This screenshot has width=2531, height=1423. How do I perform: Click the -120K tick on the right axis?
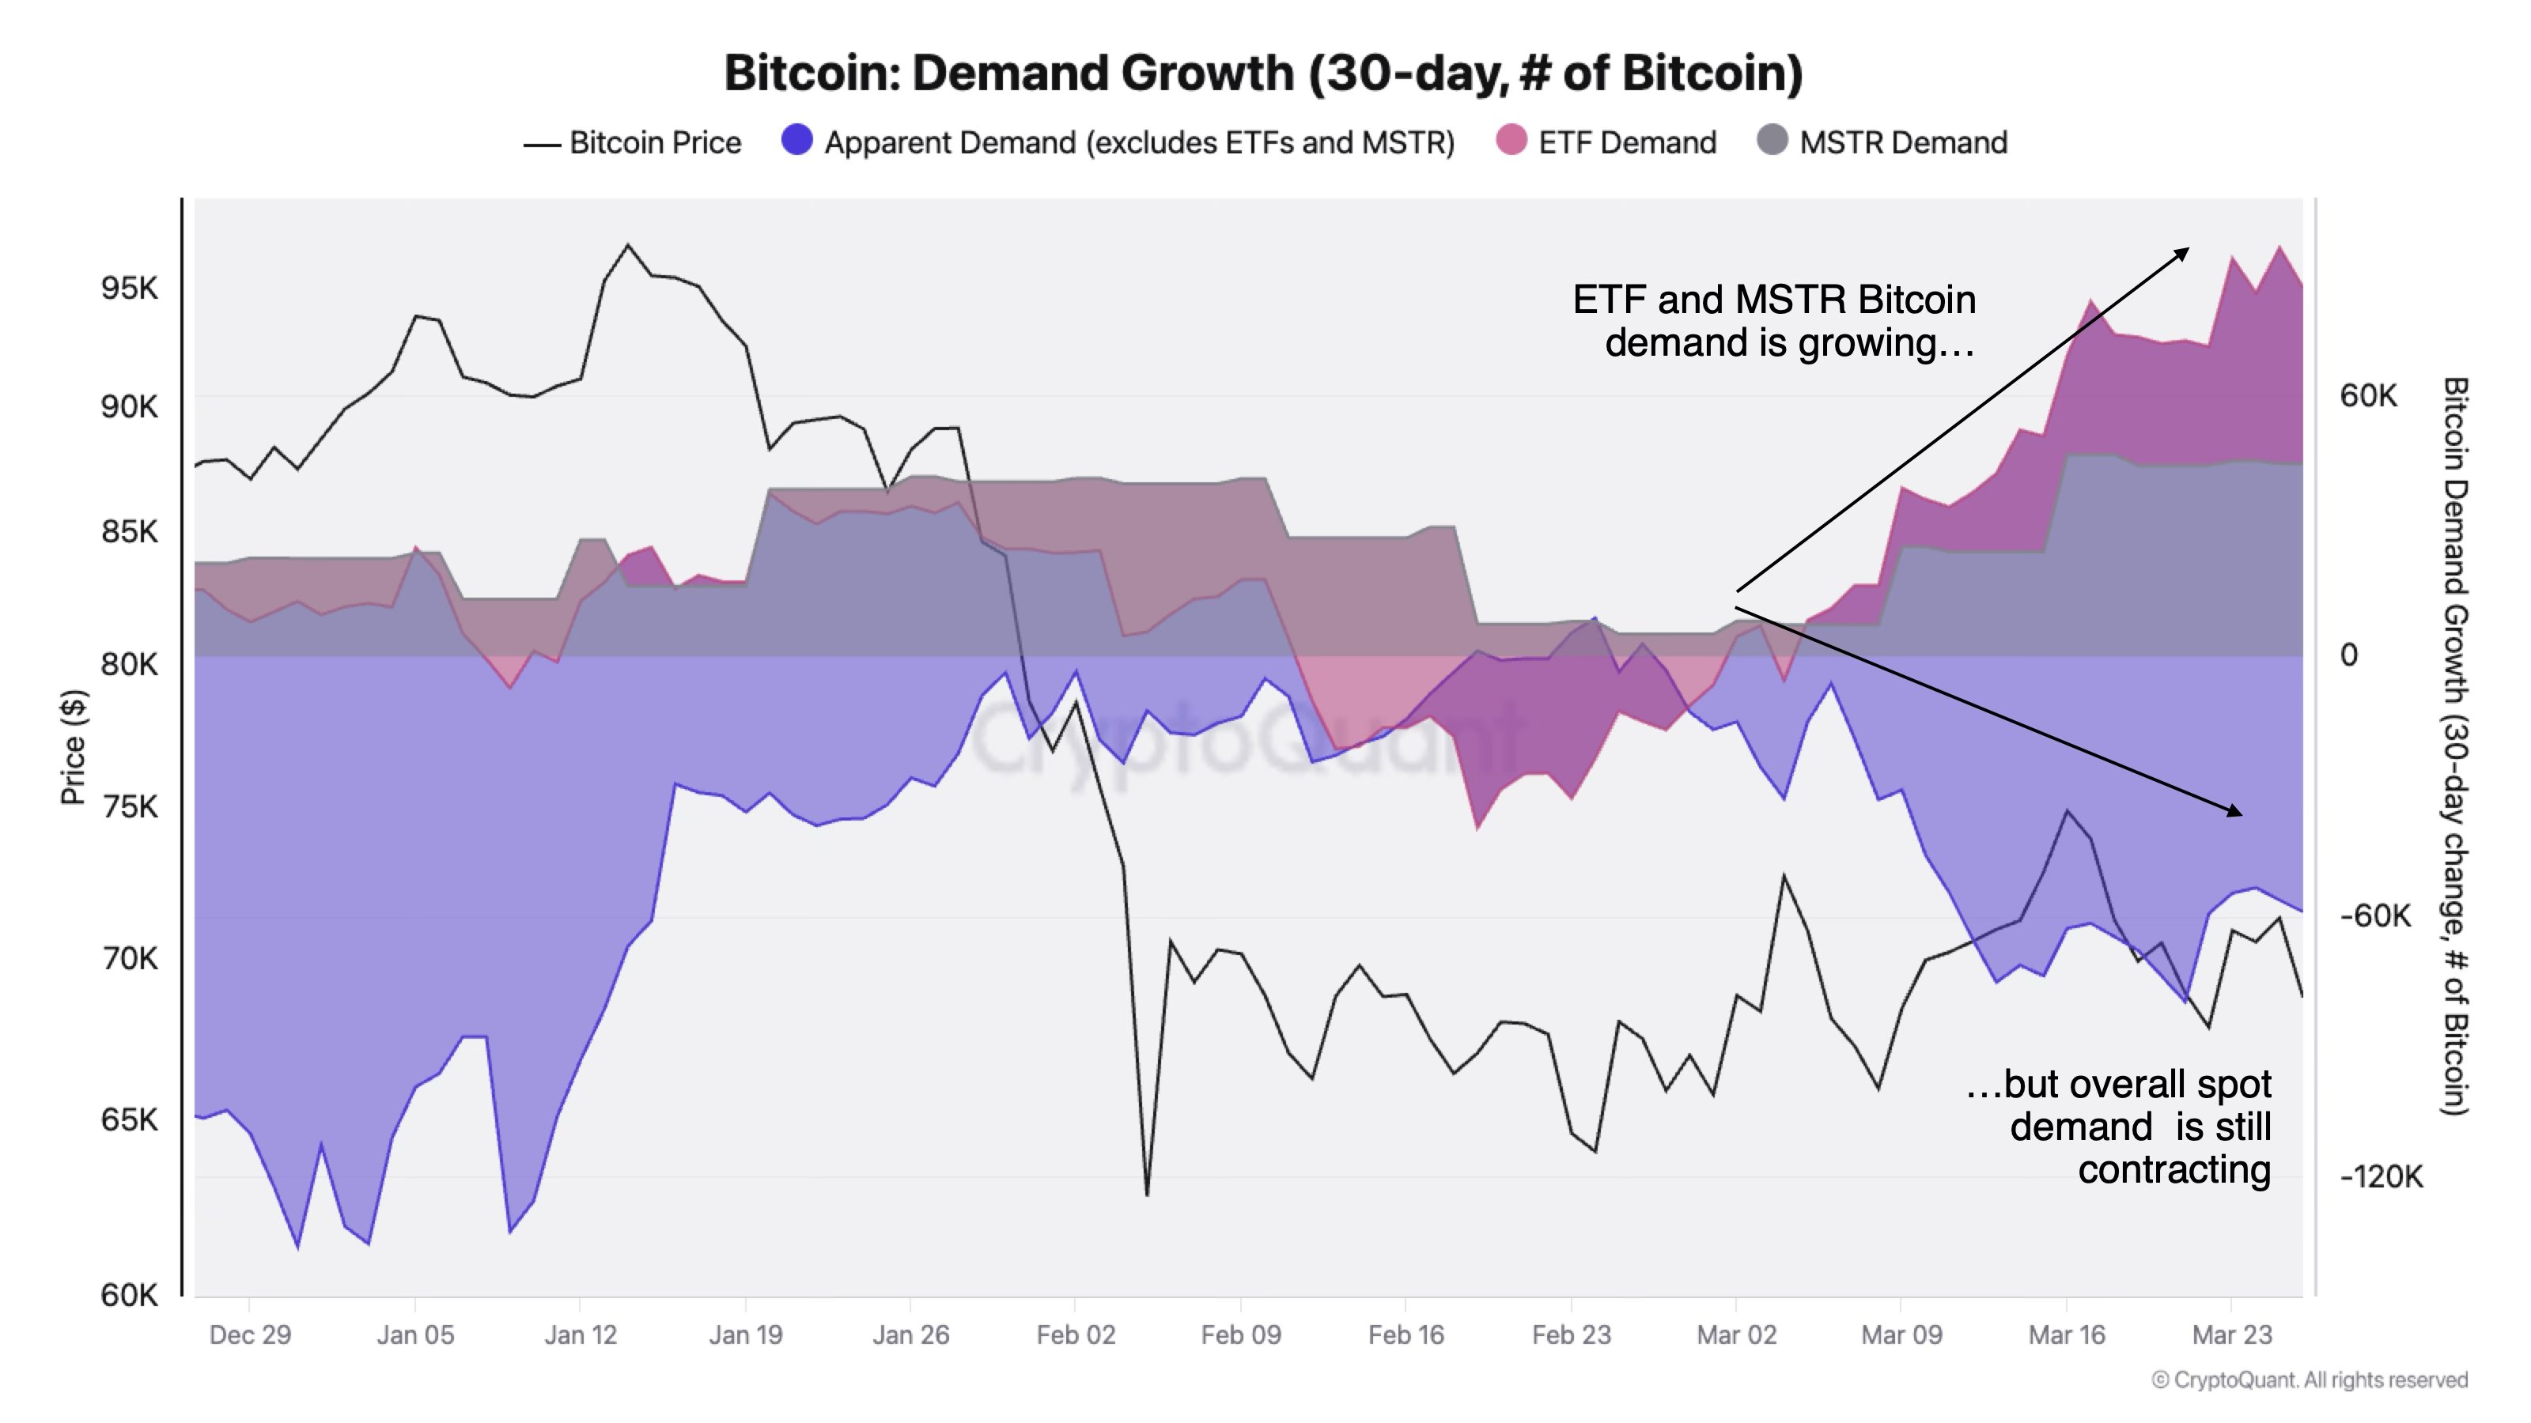click(x=2381, y=1176)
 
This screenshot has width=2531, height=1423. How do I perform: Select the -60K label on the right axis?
click(x=2374, y=915)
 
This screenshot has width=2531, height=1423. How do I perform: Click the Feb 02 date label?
click(x=1075, y=1334)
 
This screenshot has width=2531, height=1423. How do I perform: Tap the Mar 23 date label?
click(x=2231, y=1334)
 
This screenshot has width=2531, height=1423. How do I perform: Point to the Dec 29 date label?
click(x=250, y=1334)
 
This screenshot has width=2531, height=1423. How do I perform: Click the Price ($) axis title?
click(x=74, y=746)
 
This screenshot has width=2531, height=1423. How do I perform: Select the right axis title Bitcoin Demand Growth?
click(x=2454, y=746)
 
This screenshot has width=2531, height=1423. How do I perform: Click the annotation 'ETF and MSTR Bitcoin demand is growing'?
click(x=1774, y=321)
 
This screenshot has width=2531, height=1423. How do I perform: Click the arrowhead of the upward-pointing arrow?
click(x=2183, y=252)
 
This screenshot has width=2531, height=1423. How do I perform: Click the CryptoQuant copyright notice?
click(x=2309, y=1380)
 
